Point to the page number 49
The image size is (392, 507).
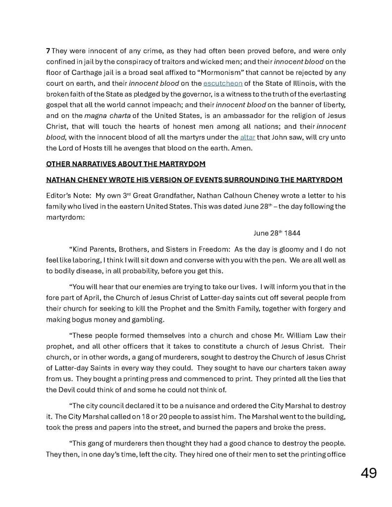coord(368,473)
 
